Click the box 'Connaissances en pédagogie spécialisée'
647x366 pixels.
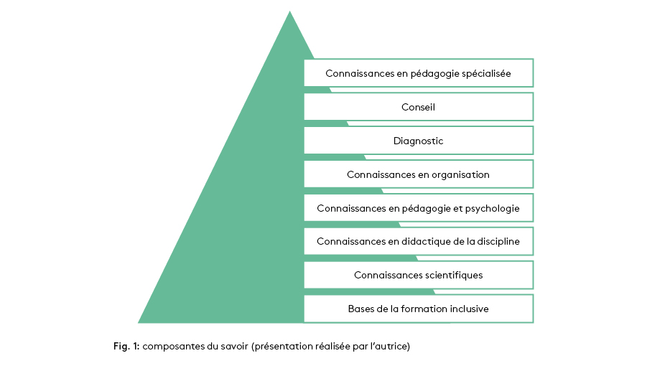(x=418, y=73)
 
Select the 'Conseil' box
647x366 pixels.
(x=418, y=107)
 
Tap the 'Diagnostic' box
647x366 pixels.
(x=418, y=141)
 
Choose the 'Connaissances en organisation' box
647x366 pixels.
(x=418, y=174)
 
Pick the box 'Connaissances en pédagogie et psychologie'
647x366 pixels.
(x=418, y=208)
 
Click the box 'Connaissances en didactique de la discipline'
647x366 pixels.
(x=418, y=242)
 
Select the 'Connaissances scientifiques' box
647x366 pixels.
(x=418, y=275)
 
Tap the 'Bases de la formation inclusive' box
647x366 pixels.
(x=418, y=309)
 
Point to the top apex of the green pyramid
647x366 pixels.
(x=290, y=12)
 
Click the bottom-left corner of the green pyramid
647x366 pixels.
(x=139, y=322)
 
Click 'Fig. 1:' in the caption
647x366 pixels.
(x=126, y=347)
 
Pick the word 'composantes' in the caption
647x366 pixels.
(x=172, y=347)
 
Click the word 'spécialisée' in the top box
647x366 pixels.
(x=485, y=73)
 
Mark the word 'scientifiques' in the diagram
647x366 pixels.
(x=452, y=275)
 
